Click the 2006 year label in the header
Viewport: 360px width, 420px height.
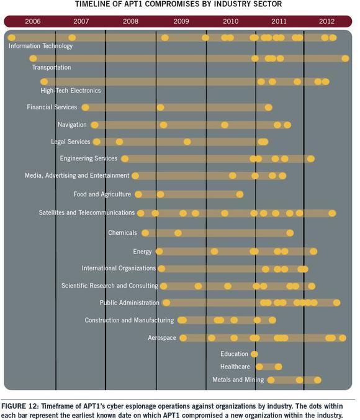coord(33,21)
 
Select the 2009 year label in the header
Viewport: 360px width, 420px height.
coord(181,21)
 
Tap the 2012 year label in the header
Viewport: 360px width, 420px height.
coord(326,21)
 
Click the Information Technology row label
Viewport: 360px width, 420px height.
coord(40,46)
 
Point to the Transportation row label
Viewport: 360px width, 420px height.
coord(52,67)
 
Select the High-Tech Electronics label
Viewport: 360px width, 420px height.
coord(71,91)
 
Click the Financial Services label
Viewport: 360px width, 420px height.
coord(52,107)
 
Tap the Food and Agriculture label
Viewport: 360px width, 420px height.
coord(102,194)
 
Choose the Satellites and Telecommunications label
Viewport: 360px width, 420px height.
coord(87,212)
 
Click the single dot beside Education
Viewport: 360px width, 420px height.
coord(254,354)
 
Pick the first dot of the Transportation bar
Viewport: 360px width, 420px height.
coord(33,58)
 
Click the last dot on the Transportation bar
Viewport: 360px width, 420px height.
coord(345,58)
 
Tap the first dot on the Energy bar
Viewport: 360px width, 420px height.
coord(160,252)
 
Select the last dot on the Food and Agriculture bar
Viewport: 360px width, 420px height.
coord(240,194)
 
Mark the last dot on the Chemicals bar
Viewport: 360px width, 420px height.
coord(290,233)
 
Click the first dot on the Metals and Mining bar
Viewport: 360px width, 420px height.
coord(271,380)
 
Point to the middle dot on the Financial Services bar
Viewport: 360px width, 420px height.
coord(161,107)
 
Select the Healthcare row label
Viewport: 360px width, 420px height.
coord(235,367)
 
